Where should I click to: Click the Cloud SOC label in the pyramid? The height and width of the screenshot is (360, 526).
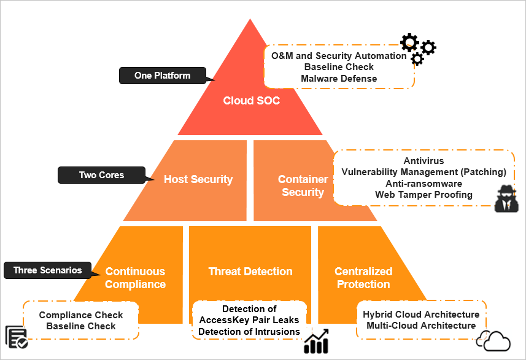pos(251,100)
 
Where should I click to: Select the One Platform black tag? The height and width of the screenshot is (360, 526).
pos(162,76)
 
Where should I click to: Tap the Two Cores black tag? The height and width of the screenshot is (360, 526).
pos(101,175)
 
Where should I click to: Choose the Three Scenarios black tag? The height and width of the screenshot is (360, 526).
pos(47,270)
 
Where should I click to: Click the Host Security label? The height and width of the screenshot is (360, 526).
pos(198,179)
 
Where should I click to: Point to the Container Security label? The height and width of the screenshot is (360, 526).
pos(303,186)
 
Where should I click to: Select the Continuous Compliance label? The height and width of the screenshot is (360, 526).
pos(135,278)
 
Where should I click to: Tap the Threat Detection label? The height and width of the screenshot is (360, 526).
pos(250,271)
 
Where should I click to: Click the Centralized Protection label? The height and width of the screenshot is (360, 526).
pos(363,278)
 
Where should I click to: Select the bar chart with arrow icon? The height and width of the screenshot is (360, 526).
pos(317,342)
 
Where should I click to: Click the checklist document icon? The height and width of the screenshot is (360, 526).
pos(16,337)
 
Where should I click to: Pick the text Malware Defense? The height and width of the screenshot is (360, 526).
pos(339,78)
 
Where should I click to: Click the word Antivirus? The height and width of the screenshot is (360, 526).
pos(424,161)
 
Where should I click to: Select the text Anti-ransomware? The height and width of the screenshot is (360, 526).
pos(424,183)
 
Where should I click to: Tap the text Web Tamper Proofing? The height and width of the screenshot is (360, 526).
pos(424,194)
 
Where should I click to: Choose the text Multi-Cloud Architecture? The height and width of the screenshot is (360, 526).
pos(421,325)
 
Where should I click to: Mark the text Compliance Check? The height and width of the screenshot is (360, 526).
pos(81,315)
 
